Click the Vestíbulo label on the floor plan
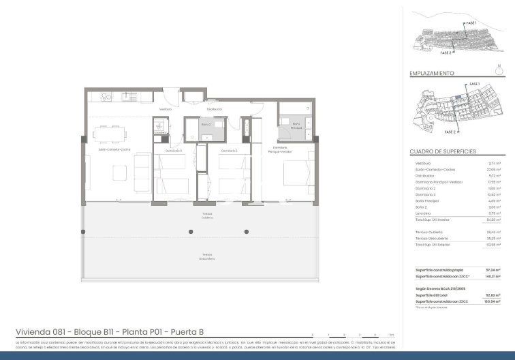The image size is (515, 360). click(x=165, y=109)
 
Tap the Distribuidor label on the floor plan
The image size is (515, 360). click(x=215, y=109)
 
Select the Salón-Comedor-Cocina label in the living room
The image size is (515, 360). click(x=114, y=149)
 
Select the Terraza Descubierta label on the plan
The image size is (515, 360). click(x=207, y=258)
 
